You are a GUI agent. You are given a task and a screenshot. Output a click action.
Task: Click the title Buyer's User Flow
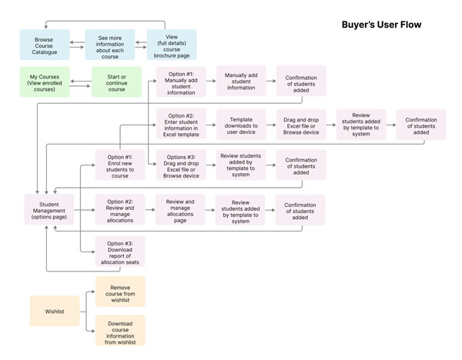click(x=381, y=25)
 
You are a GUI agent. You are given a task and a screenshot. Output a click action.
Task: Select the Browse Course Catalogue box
click(x=45, y=45)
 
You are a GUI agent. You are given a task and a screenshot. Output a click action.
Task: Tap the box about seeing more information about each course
click(x=109, y=45)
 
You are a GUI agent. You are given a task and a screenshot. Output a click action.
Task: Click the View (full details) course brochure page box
click(x=172, y=45)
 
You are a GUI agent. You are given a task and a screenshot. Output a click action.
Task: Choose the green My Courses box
click(x=45, y=82)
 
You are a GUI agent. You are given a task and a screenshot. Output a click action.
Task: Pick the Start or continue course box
click(x=116, y=82)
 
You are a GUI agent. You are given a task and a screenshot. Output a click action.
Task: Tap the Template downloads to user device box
click(x=240, y=123)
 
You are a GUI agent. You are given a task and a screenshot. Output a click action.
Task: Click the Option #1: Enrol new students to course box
click(x=120, y=165)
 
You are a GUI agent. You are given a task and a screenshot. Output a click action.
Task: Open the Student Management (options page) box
click(x=49, y=209)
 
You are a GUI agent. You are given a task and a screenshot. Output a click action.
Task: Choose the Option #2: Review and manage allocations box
click(x=120, y=209)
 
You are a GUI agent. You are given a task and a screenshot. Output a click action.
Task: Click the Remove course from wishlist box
click(x=120, y=292)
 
